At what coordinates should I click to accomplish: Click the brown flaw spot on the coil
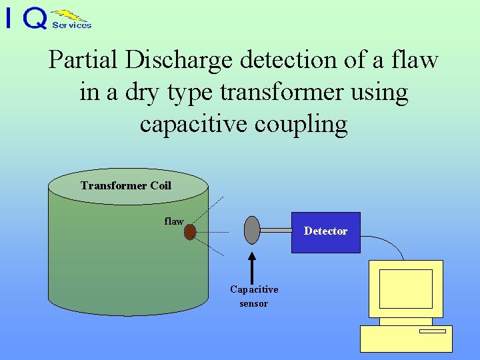tap(190, 231)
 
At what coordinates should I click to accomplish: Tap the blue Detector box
tap(326, 232)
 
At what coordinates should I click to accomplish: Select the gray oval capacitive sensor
tap(251, 230)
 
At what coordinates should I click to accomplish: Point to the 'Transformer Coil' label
tap(126, 185)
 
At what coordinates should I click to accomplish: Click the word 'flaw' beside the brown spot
tap(174, 221)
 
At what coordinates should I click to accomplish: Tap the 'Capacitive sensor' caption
tap(254, 296)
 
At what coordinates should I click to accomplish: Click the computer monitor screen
tap(405, 289)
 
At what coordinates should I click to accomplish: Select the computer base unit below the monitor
tap(406, 338)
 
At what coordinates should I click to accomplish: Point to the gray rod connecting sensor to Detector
tap(275, 230)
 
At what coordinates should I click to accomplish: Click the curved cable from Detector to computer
tap(390, 244)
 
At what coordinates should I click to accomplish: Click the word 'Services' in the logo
tap(71, 25)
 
